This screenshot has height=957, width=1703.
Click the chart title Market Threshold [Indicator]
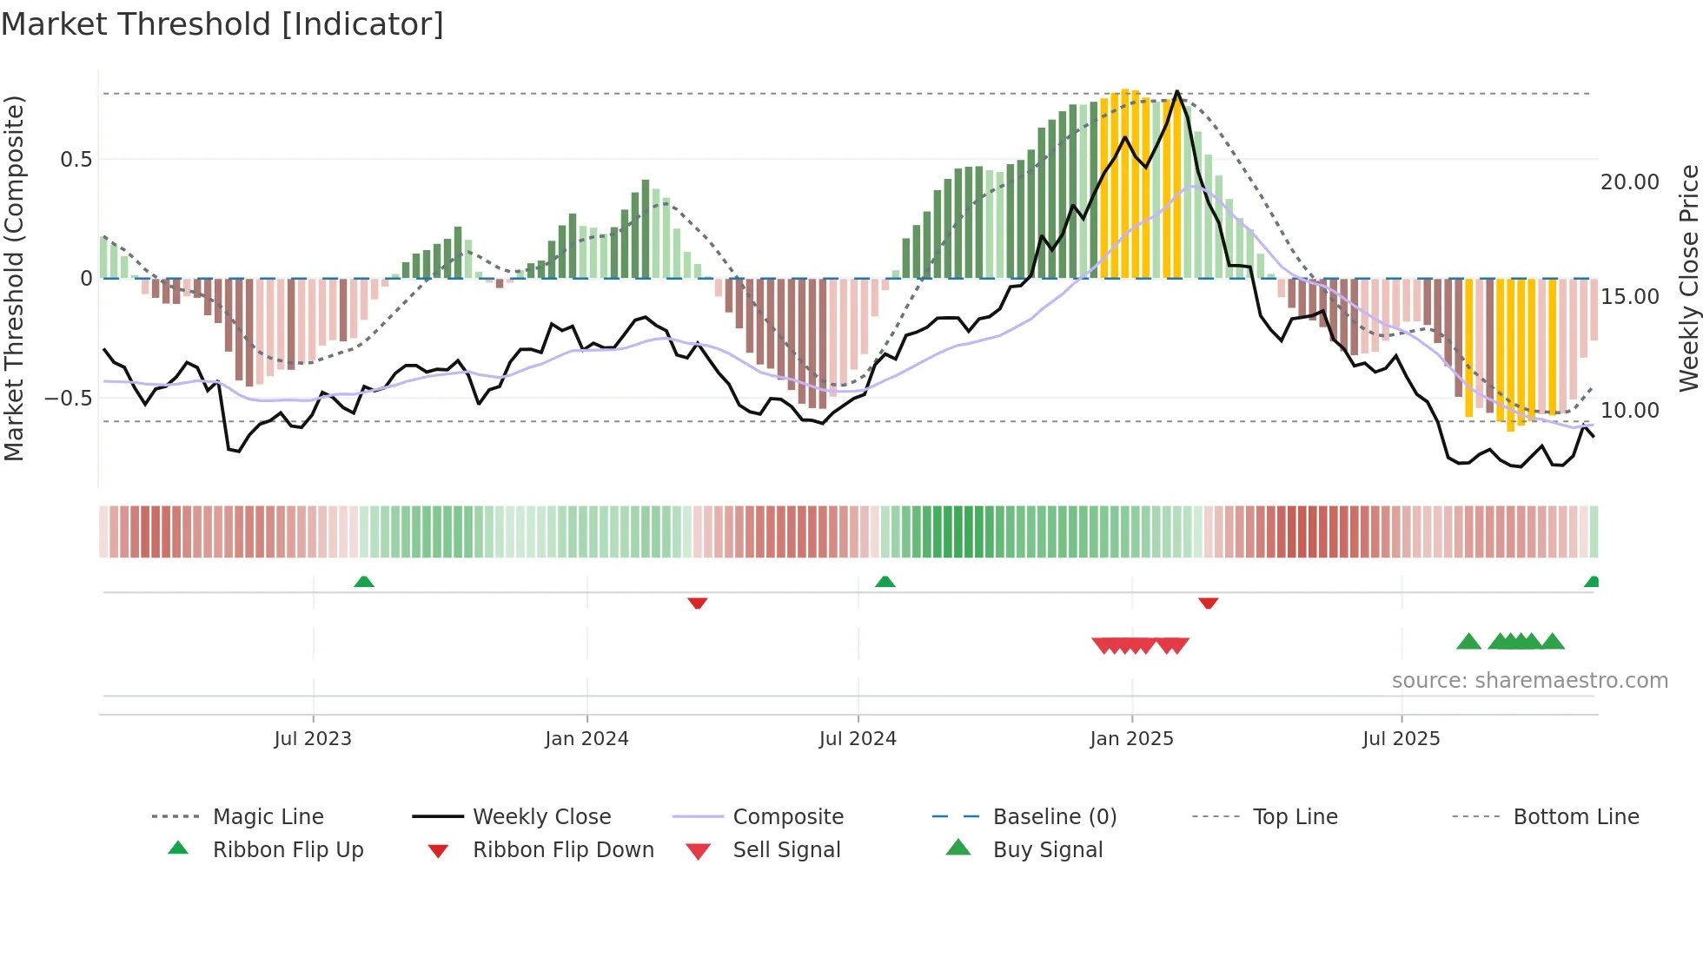(x=222, y=24)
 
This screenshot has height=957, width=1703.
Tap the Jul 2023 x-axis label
(x=313, y=739)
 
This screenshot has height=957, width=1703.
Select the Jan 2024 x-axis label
(x=586, y=739)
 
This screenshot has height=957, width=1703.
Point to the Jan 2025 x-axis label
(x=1131, y=739)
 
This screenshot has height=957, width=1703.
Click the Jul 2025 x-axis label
(x=1401, y=739)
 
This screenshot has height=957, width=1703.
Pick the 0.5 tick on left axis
(x=76, y=160)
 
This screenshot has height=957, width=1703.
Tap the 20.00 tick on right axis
(x=1630, y=182)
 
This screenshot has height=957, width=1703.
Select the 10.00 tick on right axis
(x=1630, y=411)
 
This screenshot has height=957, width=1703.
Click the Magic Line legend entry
(x=268, y=817)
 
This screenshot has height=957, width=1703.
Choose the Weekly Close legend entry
(x=541, y=817)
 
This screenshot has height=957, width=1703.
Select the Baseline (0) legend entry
(x=1054, y=817)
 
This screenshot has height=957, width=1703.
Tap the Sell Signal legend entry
(x=786, y=850)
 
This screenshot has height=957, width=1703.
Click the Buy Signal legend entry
(x=1047, y=850)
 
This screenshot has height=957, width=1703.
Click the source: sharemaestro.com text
(x=1529, y=681)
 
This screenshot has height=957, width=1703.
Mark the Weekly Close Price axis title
(x=1688, y=278)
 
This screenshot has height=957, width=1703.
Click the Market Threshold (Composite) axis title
(x=14, y=278)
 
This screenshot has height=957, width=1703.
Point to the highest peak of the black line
(x=1177, y=91)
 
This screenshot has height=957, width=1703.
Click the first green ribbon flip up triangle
(x=364, y=582)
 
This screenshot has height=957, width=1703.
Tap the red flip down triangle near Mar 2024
(x=697, y=603)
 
